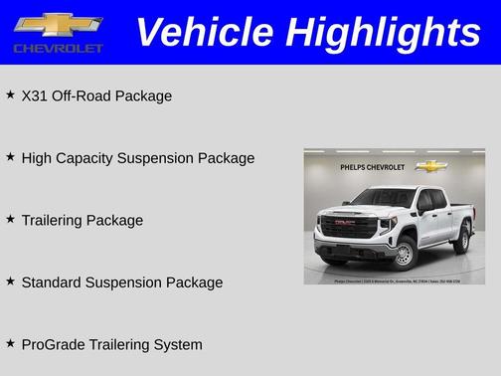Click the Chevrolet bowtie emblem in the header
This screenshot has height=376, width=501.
point(58,25)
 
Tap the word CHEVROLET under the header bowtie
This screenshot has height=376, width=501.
point(58,49)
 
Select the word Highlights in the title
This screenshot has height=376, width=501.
point(382,33)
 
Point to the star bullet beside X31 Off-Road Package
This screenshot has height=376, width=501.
point(10,94)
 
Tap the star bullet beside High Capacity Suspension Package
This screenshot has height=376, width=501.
point(10,156)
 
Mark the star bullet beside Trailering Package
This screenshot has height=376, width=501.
point(10,219)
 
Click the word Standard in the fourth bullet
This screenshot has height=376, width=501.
point(53,282)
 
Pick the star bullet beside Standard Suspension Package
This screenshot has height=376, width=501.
point(10,281)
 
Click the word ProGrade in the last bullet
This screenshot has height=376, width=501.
point(54,345)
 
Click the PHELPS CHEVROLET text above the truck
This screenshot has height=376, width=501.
point(373,167)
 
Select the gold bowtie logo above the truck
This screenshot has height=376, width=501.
point(431,166)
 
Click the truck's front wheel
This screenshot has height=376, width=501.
point(403,253)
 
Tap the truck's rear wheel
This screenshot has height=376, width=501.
point(461,239)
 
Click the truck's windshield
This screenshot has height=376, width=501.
point(383,198)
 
